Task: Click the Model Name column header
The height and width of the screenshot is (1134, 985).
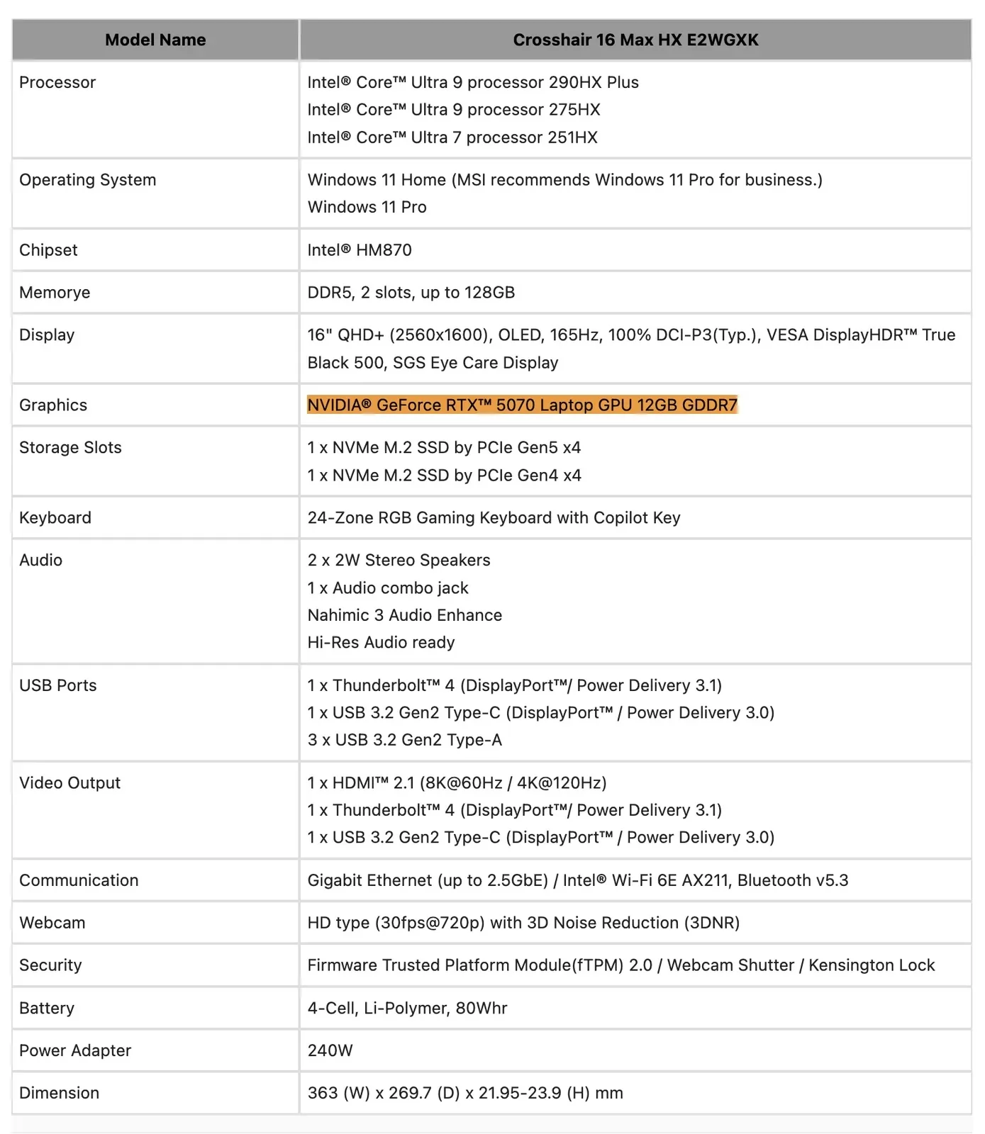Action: (155, 40)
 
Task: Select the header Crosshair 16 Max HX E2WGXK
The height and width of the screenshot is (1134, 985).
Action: (635, 40)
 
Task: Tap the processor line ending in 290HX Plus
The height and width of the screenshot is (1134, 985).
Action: (473, 82)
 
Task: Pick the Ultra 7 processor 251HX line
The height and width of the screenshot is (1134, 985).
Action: (452, 137)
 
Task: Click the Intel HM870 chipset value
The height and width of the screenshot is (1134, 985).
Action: (360, 250)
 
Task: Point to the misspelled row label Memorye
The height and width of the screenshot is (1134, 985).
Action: (55, 293)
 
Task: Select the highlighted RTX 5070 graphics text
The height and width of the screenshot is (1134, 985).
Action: (522, 405)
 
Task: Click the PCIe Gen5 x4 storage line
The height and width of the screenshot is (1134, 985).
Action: (444, 448)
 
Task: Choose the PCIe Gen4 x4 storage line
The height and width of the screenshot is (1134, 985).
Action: (444, 476)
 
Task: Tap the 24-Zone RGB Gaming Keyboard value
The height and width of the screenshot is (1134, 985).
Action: (494, 518)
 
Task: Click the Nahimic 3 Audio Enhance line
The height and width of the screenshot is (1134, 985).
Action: (404, 615)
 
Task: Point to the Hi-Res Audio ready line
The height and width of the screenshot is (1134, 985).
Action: (381, 643)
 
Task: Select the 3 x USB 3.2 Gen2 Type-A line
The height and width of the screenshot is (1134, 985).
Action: (404, 740)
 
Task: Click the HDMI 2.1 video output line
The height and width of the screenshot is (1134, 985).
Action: (457, 783)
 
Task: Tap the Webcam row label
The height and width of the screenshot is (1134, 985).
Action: (52, 923)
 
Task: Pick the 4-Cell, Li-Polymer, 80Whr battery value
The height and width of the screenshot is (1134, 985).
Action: (407, 1008)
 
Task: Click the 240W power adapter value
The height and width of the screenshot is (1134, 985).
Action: (330, 1050)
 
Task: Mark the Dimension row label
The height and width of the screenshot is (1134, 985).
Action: (59, 1093)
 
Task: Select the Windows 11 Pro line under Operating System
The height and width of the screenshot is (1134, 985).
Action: (367, 207)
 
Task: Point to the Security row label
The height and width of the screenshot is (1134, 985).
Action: (50, 965)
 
